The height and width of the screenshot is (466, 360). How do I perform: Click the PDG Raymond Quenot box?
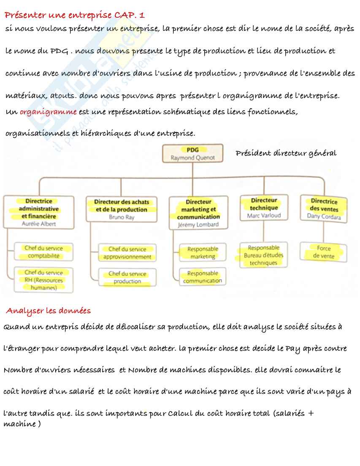pyautogui.click(x=192, y=153)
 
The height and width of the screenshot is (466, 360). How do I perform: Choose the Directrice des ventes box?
pyautogui.click(x=324, y=208)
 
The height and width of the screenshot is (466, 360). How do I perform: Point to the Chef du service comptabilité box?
pyautogui.click(x=43, y=252)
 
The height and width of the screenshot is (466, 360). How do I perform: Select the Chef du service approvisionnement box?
pyautogui.click(x=127, y=253)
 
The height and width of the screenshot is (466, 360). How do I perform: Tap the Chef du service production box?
pyautogui.click(x=127, y=278)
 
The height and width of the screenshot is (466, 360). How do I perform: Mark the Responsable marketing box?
pyautogui.click(x=203, y=253)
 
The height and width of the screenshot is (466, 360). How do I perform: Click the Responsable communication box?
pyautogui.click(x=203, y=277)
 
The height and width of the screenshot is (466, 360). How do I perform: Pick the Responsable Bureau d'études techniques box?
pyautogui.click(x=264, y=255)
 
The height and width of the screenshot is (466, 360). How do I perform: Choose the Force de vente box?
pyautogui.click(x=324, y=252)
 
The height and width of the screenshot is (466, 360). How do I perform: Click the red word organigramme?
pyautogui.click(x=48, y=112)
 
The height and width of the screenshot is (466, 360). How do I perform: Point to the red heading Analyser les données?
pyautogui.click(x=48, y=311)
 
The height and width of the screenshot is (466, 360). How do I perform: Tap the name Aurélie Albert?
pyautogui.click(x=39, y=224)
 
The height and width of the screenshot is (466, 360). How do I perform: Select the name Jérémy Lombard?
pyautogui.click(x=198, y=225)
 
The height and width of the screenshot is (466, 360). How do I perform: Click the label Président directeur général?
pyautogui.click(x=286, y=153)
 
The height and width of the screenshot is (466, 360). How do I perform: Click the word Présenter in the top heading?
pyautogui.click(x=22, y=15)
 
